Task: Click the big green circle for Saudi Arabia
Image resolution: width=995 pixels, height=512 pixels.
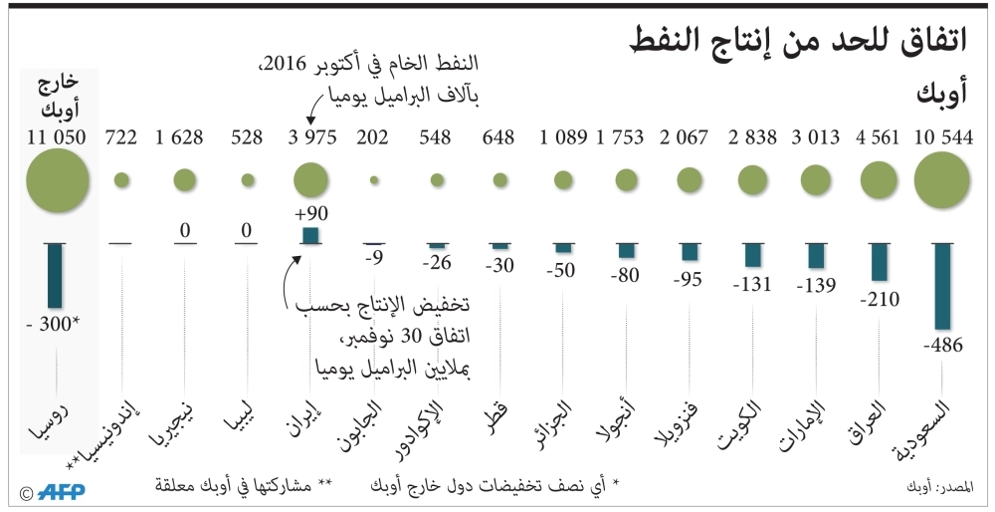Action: [941, 180]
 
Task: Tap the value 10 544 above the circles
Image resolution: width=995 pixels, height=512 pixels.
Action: [941, 137]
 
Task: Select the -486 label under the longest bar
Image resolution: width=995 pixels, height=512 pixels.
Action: [941, 346]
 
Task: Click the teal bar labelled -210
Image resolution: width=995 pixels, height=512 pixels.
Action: [879, 262]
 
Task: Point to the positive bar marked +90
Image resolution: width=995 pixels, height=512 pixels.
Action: [309, 235]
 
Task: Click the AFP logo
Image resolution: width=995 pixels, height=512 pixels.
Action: [64, 492]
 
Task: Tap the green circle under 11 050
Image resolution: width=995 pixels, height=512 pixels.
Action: [58, 180]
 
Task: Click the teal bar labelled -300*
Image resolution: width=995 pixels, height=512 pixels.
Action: [56, 275]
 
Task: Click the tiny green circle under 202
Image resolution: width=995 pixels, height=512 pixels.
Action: [374, 180]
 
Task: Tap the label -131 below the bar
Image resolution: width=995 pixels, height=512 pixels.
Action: [753, 284]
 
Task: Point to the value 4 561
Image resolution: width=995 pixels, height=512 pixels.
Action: [880, 137]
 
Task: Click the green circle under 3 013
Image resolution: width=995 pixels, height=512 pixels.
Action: [816, 180]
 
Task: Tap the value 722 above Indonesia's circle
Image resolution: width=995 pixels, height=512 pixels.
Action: [121, 137]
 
